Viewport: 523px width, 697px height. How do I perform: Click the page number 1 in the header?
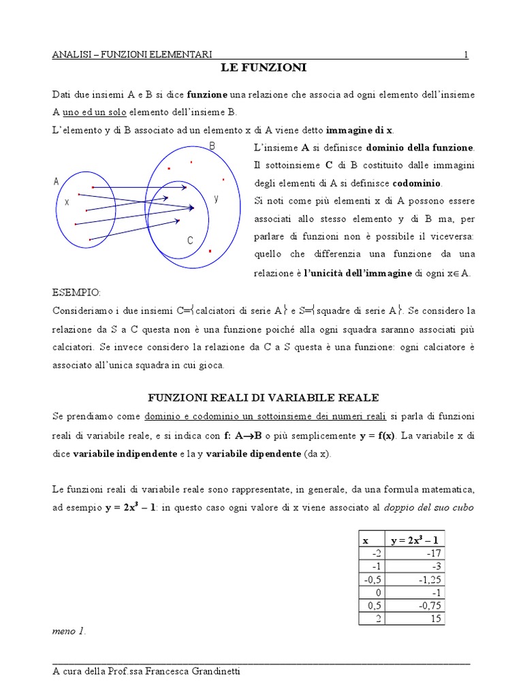pyautogui.click(x=466, y=54)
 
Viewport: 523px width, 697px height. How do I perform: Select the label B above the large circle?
pyautogui.click(x=212, y=146)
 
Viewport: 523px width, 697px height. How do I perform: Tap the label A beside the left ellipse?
pyautogui.click(x=56, y=181)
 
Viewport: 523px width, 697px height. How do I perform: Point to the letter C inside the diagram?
pyautogui.click(x=191, y=241)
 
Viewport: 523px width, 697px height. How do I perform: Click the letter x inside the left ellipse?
pyautogui.click(x=67, y=202)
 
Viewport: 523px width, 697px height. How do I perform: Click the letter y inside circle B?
pyautogui.click(x=216, y=199)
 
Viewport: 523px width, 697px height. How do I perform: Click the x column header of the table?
pyautogui.click(x=366, y=540)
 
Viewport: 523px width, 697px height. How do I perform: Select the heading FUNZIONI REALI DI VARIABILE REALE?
pyautogui.click(x=264, y=397)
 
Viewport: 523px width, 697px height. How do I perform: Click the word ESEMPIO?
pyautogui.click(x=76, y=293)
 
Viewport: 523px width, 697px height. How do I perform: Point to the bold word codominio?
pyautogui.click(x=416, y=183)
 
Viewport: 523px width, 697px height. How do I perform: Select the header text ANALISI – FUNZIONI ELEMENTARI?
pyautogui.click(x=132, y=54)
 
